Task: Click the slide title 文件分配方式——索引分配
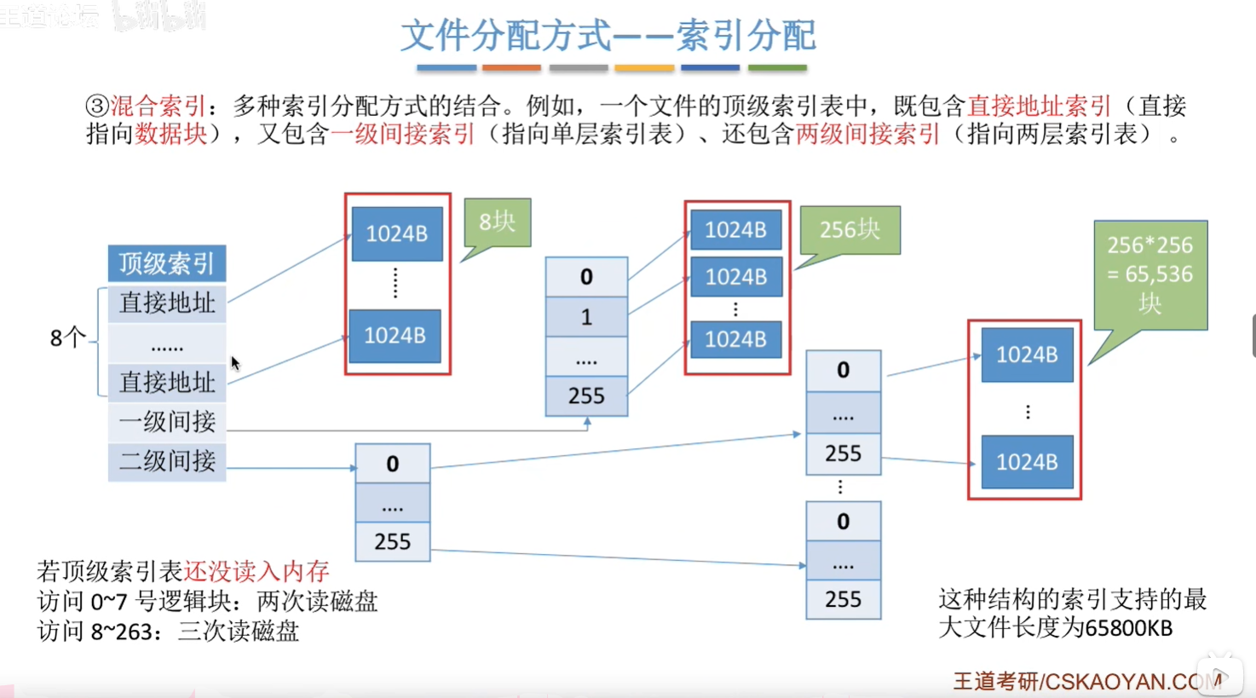[x=608, y=36]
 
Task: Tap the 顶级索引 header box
[x=167, y=263]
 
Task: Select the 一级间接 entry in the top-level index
[x=167, y=422]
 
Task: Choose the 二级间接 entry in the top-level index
[x=167, y=462]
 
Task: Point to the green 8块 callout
[x=498, y=222]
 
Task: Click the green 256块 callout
[x=850, y=229]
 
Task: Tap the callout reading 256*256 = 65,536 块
[x=1149, y=274]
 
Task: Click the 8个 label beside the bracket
[x=67, y=338]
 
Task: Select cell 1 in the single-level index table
[x=586, y=317]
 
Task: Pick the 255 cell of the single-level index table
[x=586, y=396]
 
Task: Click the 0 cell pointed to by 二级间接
[x=392, y=464]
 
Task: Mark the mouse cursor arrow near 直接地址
[x=235, y=363]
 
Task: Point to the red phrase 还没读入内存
[x=256, y=571]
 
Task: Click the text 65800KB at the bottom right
[x=1129, y=629]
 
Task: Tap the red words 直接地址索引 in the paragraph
[x=1039, y=107]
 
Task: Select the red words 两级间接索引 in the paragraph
[x=867, y=135]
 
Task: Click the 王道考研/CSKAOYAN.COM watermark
[x=1086, y=682]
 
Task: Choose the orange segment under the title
[x=511, y=67]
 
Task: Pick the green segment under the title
[x=777, y=67]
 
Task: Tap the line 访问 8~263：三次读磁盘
[x=168, y=632]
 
